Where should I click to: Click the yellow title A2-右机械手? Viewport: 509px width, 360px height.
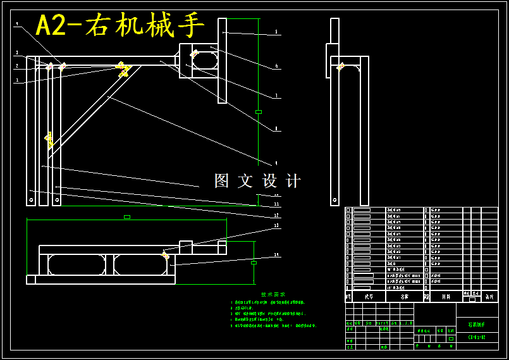coord(120,26)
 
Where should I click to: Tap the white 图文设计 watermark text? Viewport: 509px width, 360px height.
coord(257,181)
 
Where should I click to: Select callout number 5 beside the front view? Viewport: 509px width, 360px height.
coord(276,32)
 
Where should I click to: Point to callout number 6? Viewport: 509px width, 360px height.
coord(276,66)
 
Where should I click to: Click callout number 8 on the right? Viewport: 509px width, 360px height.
coord(276,129)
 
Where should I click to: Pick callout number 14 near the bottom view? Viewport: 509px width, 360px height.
coord(276,255)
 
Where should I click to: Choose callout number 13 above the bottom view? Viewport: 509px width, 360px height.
coord(276,225)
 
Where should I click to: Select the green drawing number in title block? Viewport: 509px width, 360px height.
coord(476,338)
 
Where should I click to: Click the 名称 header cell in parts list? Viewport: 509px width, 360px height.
coord(404,296)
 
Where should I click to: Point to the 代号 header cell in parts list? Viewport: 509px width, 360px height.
coord(368,296)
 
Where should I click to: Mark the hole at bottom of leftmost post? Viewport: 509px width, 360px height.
coord(30,199)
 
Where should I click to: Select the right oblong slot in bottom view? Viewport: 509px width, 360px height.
coord(141,264)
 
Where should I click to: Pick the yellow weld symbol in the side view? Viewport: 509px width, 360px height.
coord(340,66)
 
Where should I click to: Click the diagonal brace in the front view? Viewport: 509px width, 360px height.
coord(95,110)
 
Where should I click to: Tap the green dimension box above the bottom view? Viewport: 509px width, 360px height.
coord(127,217)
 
